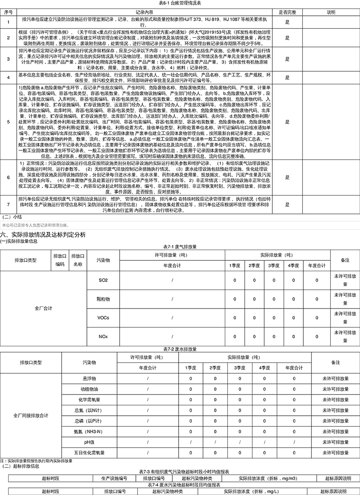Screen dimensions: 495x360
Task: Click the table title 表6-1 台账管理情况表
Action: [x=180, y=3]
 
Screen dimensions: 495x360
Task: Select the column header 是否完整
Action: [x=287, y=11]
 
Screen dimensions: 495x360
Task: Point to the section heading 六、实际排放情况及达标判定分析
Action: [x=43, y=235]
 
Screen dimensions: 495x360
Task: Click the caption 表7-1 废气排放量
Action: [x=180, y=247]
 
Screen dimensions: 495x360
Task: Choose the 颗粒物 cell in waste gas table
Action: [x=103, y=299]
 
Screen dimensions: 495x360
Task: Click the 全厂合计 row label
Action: [x=44, y=309]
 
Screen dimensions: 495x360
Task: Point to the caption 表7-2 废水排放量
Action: [x=180, y=349]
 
